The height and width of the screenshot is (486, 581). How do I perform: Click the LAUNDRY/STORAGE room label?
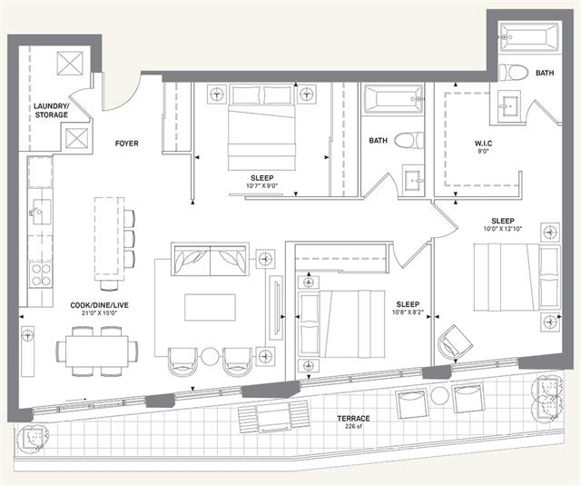(51, 111)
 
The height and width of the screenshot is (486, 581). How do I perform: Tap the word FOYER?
(127, 144)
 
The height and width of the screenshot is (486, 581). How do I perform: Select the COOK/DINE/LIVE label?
(100, 305)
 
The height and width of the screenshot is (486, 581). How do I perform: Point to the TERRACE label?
(353, 419)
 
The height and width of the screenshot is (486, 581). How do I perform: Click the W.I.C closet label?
(484, 144)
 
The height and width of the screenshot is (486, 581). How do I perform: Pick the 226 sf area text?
(353, 426)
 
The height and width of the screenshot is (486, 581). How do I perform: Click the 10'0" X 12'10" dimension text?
(503, 229)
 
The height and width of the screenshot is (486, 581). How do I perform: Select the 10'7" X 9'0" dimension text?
(262, 185)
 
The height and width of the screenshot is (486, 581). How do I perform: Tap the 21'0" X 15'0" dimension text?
(100, 312)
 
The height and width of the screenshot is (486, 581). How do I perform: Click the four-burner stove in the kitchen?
(41, 274)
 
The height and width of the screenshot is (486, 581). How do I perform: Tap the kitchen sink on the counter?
(40, 212)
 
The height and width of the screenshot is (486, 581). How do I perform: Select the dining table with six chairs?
(97, 351)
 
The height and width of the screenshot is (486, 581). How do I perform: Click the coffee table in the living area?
(210, 307)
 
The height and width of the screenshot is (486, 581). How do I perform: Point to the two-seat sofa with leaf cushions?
(210, 259)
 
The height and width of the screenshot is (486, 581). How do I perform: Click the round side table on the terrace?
(439, 396)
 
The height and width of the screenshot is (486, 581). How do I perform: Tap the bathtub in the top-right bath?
(529, 37)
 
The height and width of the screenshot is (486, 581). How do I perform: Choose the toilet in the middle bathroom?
(409, 141)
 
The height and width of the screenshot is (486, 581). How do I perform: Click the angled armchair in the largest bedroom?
(455, 342)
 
